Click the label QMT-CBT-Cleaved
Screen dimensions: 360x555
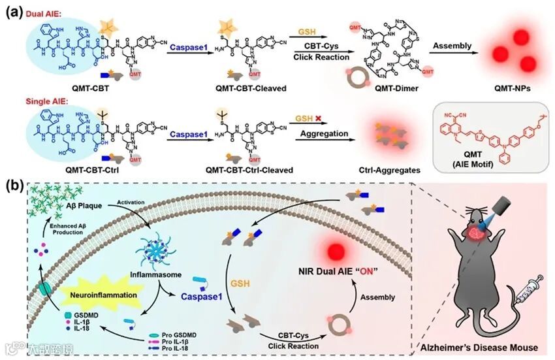coord(254,88)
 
